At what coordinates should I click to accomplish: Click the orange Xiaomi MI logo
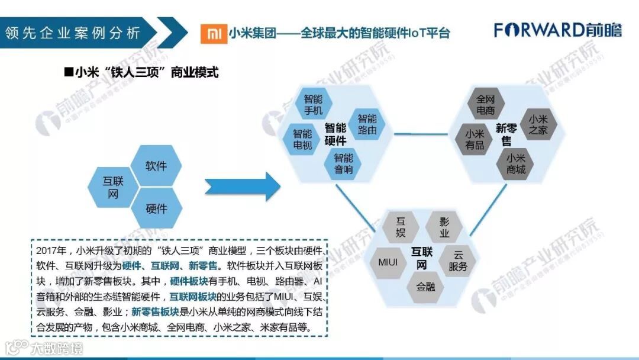(212, 34)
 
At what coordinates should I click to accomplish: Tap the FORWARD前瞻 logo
(558, 30)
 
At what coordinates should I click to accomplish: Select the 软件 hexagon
(156, 166)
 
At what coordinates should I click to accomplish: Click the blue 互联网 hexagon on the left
(113, 187)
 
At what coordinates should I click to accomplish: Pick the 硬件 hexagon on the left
(156, 208)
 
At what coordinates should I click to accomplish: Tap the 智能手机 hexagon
(313, 104)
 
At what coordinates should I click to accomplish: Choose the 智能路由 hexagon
(367, 123)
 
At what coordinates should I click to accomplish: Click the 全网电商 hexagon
(485, 104)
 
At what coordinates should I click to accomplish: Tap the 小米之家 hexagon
(538, 124)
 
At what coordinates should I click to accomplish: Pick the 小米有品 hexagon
(475, 140)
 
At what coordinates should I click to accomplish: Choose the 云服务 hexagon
(457, 261)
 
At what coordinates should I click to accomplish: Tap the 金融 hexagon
(425, 287)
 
